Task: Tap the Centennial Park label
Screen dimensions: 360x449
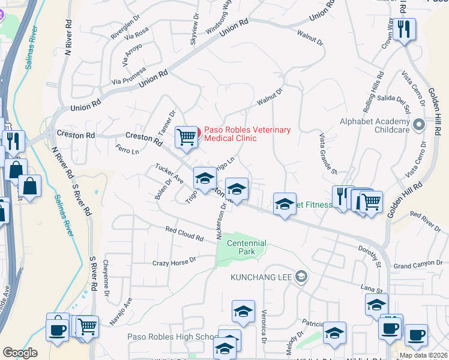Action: coord(247,247)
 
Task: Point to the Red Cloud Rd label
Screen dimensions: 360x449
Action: coord(184,233)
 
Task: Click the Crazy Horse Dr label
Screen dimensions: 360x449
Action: coord(174,262)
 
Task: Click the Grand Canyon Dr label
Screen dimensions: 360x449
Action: coord(418,265)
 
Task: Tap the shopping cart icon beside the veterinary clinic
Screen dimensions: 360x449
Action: coord(186,137)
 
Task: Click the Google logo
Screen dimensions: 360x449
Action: coord(20,353)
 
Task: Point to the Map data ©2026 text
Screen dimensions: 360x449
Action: coord(423,355)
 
